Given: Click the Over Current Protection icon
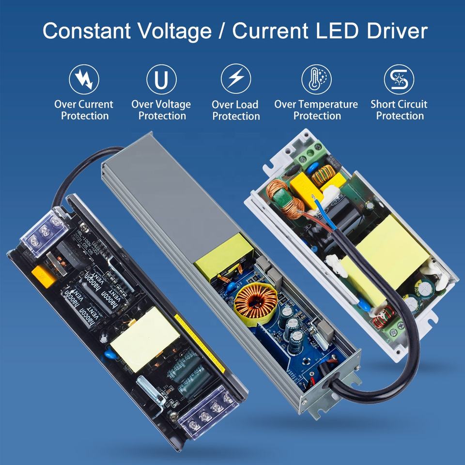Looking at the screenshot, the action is [84, 79].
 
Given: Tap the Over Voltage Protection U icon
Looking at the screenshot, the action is [161, 79].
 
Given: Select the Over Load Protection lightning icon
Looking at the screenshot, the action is [236, 79].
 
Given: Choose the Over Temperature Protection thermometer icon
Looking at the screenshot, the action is [316, 79].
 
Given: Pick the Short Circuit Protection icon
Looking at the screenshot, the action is [399, 79].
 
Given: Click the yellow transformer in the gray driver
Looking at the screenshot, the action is [223, 256].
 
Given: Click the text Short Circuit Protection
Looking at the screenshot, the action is [399, 110].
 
